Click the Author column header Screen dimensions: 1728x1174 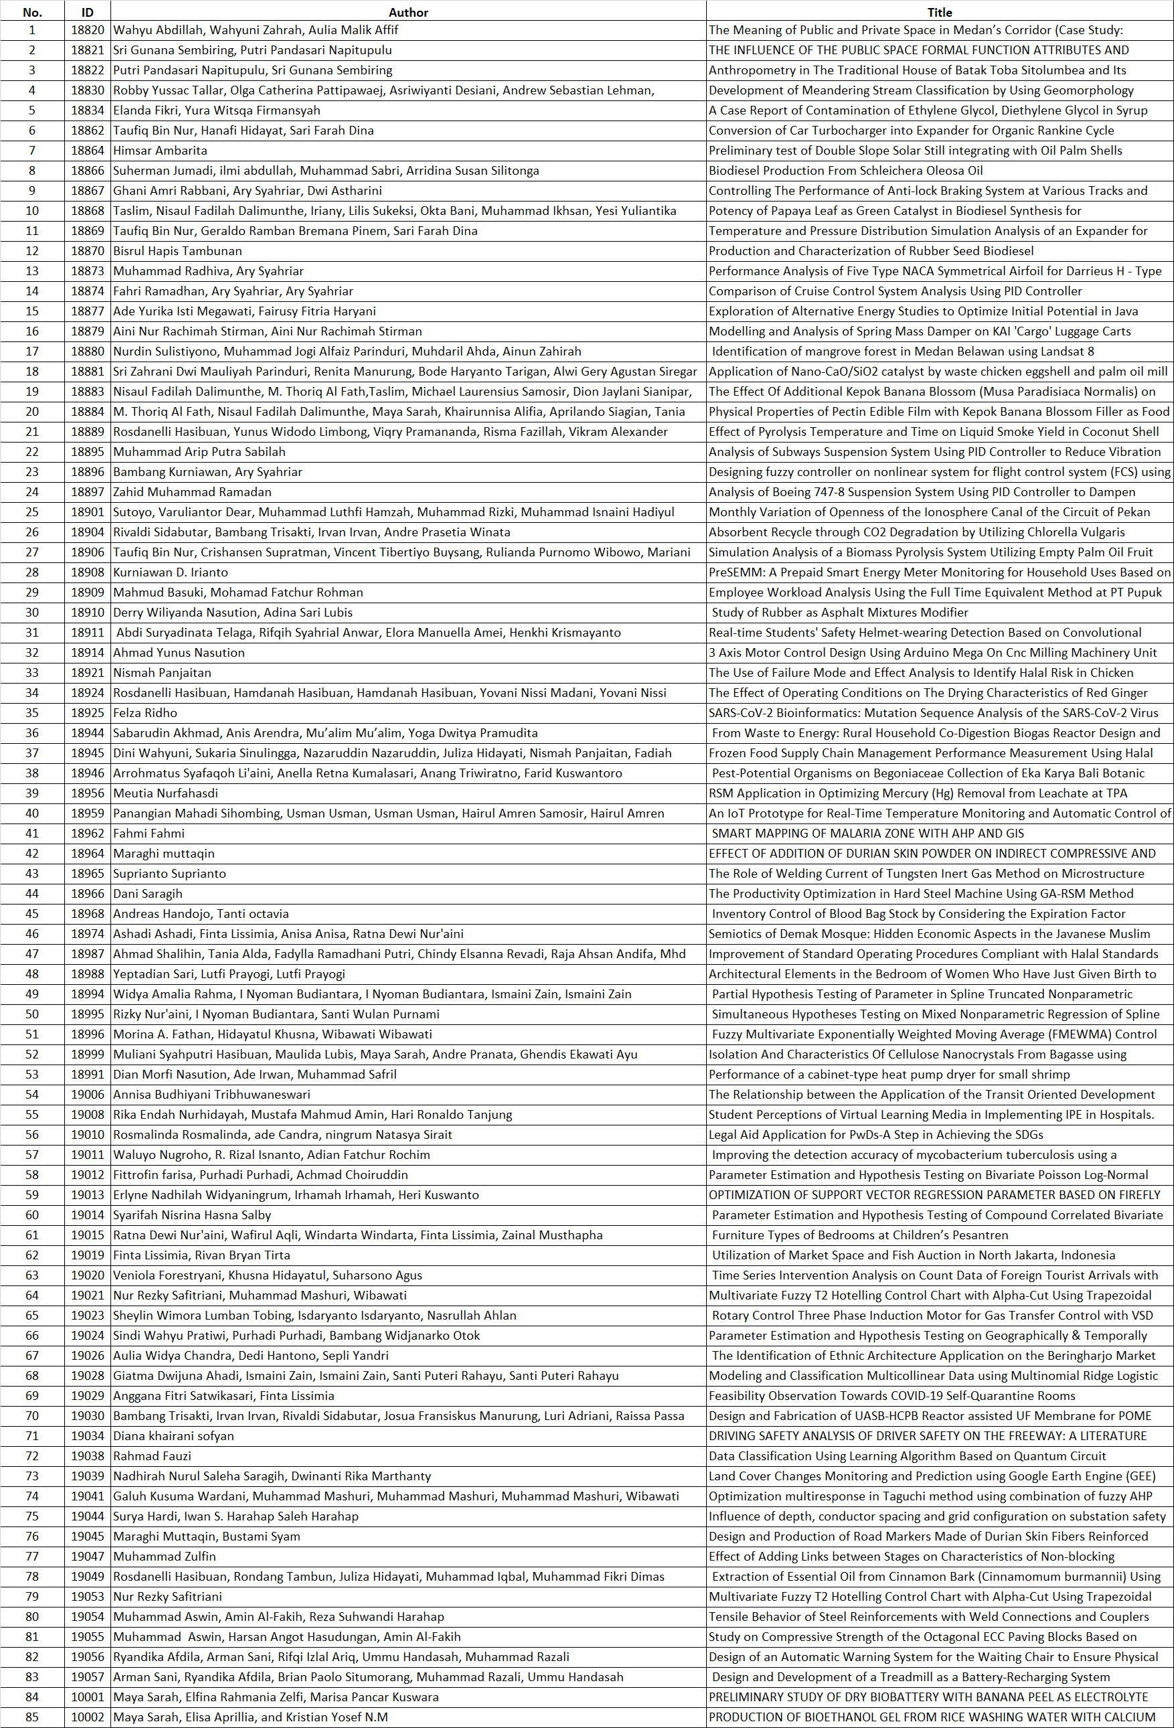(408, 12)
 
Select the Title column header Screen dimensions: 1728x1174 (939, 12)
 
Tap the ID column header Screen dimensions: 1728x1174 (87, 12)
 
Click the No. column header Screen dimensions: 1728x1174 (32, 12)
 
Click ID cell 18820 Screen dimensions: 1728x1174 (87, 29)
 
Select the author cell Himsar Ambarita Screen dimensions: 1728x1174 (160, 150)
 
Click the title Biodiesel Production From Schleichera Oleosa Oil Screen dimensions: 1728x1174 (845, 170)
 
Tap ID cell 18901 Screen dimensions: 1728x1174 (87, 512)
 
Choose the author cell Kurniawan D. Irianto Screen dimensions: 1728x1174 (170, 572)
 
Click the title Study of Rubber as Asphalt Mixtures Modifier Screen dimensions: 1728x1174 (839, 612)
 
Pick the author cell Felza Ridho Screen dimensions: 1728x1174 (145, 712)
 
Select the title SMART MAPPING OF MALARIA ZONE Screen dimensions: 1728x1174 (867, 833)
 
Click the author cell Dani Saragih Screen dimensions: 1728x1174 (147, 893)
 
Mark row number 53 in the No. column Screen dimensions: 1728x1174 (32, 1074)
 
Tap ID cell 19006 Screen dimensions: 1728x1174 (87, 1094)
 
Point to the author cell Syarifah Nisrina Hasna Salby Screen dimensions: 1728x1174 (192, 1214)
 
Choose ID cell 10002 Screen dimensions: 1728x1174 (87, 1716)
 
